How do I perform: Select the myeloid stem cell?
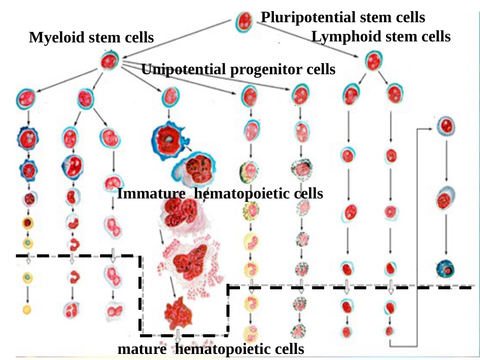[109, 61]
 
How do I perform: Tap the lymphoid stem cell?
[373, 61]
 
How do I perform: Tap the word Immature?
[151, 193]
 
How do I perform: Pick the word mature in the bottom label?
[142, 349]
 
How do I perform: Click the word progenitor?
[266, 70]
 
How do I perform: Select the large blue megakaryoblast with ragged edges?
[170, 140]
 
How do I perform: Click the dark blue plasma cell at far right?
[445, 269]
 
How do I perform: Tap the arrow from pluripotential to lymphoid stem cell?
[308, 40]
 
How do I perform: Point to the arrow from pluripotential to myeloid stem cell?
[177, 39]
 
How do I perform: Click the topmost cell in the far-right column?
[446, 126]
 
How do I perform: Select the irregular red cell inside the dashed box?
[178, 313]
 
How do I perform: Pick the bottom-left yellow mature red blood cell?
[27, 310]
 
